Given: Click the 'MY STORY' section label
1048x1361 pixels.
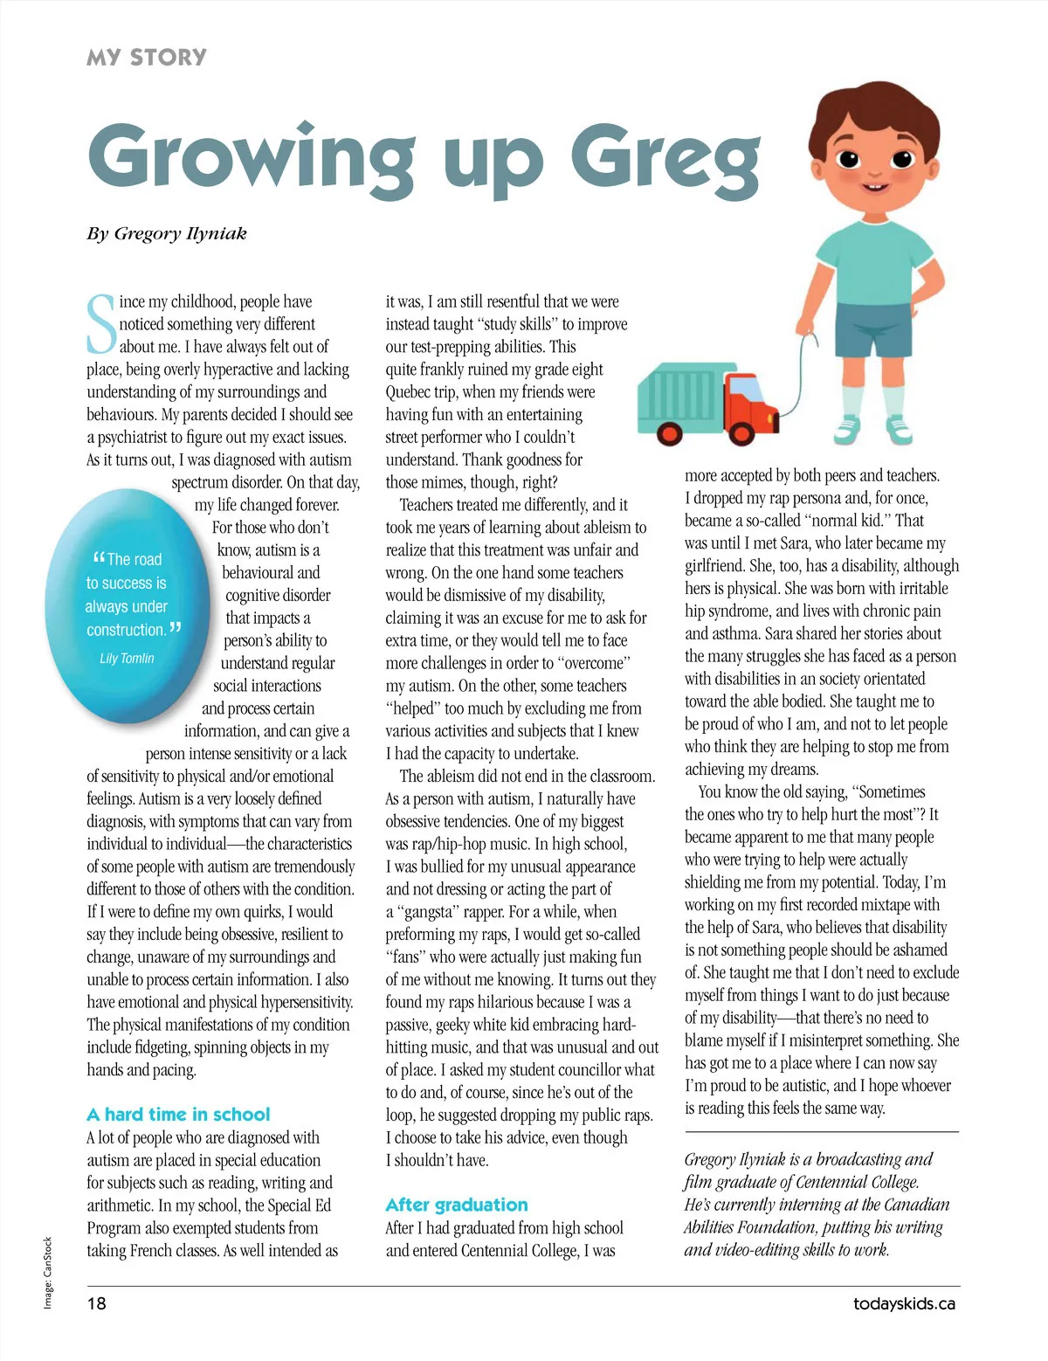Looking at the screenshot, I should (147, 58).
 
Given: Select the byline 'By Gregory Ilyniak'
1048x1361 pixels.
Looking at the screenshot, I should (167, 233).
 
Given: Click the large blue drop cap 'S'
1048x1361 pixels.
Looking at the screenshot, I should (101, 324).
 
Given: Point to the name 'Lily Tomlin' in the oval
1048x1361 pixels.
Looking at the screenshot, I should (127, 658).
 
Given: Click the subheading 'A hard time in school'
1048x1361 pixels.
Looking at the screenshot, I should (178, 1114).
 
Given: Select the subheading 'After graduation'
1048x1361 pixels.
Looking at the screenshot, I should (457, 1205).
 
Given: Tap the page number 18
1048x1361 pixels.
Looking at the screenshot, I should (96, 1303).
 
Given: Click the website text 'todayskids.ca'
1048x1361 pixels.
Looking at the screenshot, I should (904, 1303).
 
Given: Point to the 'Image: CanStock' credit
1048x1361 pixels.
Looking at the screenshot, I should (48, 1272).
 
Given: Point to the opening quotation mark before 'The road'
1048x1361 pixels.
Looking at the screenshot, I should (98, 556).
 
